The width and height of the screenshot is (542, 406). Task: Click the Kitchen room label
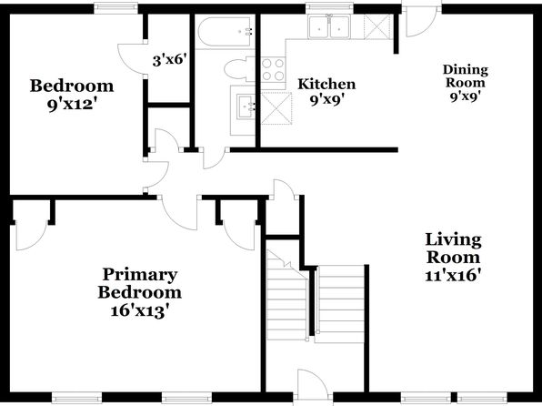326,84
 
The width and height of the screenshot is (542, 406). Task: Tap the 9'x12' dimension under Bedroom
72,104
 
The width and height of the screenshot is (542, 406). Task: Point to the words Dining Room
466,76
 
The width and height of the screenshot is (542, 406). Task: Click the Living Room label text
453,249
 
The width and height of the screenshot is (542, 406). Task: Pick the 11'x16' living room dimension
453,276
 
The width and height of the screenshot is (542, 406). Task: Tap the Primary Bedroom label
140,283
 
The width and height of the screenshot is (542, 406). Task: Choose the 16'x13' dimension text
140,310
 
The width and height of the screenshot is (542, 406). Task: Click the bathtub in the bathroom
225,32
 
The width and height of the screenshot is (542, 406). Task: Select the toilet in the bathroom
239,68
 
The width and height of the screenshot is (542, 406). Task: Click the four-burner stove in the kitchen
273,69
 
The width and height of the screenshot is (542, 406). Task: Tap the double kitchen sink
329,26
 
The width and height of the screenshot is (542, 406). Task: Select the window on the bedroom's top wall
115,8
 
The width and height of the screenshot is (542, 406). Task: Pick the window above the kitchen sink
330,8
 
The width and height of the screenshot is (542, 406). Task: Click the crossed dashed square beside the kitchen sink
376,26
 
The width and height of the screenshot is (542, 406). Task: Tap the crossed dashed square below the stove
276,108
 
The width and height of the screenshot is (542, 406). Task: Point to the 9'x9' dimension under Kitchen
327,100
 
